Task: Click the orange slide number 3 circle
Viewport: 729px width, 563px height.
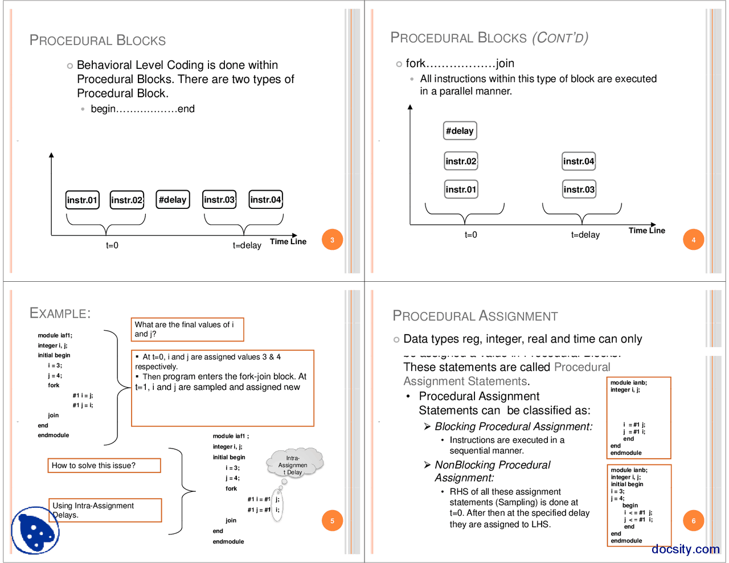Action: click(332, 240)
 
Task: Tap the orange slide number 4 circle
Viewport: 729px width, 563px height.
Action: click(693, 240)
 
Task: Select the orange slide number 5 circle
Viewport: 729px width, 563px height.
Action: click(332, 520)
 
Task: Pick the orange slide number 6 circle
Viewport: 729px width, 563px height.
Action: click(693, 520)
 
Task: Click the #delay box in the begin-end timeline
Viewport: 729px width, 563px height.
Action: click(173, 200)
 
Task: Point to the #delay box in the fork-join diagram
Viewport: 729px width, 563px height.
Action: click(460, 131)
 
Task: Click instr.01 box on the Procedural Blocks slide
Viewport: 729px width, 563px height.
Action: click(83, 200)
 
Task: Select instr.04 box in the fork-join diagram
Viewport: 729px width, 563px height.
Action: click(579, 161)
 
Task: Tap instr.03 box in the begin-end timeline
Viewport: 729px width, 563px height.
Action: click(219, 200)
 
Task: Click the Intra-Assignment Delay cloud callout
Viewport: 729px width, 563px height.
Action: click(294, 465)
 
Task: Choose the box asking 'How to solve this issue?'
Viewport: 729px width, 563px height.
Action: click(104, 466)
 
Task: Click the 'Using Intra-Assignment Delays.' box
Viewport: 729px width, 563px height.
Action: click(105, 510)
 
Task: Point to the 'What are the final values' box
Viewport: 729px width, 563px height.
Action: click(187, 329)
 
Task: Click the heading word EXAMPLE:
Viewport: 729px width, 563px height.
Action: click(60, 313)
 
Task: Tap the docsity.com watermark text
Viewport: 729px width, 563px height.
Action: click(686, 549)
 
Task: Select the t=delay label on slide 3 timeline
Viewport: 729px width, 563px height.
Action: click(247, 245)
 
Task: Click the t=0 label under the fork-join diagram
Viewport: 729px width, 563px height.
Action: click(470, 235)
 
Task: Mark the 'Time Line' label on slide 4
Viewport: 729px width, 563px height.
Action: click(646, 231)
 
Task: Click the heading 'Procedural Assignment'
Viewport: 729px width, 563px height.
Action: click(475, 316)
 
